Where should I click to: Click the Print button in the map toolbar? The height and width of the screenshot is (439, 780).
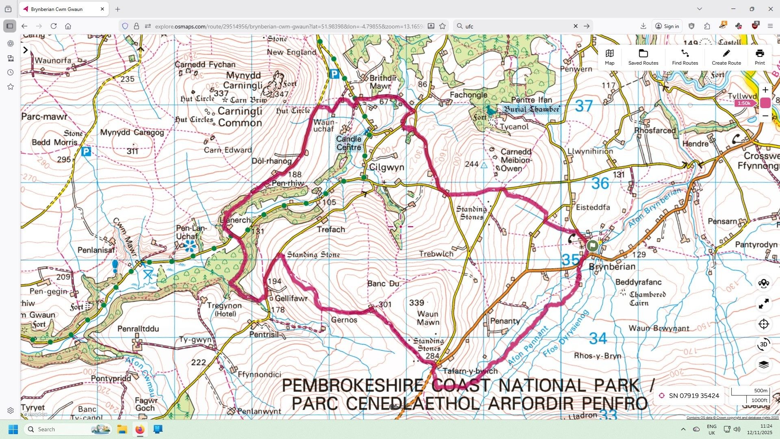759,57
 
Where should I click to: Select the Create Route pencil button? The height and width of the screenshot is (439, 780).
726,57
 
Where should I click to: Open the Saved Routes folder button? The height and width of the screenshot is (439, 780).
643,57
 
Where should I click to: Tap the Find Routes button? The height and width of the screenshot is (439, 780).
685,57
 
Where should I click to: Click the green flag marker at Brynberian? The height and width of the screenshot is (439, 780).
592,245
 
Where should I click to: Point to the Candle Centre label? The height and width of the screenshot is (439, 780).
349,143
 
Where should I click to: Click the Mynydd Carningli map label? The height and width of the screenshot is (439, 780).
244,80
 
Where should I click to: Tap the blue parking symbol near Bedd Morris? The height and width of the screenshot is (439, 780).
86,152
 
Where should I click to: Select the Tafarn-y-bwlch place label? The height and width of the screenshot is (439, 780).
470,371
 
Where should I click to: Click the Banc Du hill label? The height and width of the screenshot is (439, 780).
383,283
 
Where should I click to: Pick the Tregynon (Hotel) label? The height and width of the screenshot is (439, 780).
224,309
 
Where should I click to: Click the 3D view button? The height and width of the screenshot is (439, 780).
763,344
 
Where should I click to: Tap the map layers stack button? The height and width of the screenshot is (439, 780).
763,365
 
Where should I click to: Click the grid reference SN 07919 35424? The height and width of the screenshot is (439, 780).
693,396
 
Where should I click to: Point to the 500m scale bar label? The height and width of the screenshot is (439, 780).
760,391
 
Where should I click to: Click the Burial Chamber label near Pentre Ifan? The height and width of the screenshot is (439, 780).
531,109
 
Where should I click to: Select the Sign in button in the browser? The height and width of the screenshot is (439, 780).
667,26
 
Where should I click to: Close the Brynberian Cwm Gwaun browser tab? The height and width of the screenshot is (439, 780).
102,9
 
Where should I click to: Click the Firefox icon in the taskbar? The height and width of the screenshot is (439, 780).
140,429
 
